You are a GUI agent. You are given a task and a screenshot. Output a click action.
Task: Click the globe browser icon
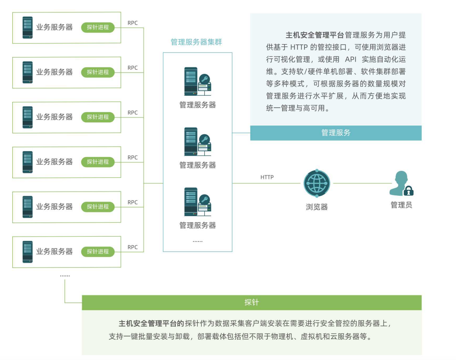pyautogui.click(x=317, y=183)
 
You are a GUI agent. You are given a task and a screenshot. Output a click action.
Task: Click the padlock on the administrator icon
pyautogui.click(x=408, y=191)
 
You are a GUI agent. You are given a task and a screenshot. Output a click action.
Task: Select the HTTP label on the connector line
pyautogui.click(x=267, y=177)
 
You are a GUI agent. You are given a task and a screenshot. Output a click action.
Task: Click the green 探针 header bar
pyautogui.click(x=252, y=302)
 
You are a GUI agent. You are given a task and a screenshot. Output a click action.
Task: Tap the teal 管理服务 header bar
pyautogui.click(x=336, y=133)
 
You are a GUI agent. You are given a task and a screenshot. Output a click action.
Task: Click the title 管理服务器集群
pyautogui.click(x=196, y=42)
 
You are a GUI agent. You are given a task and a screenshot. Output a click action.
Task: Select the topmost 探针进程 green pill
pyautogui.click(x=98, y=27)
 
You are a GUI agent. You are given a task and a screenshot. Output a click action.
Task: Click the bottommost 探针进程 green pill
pyautogui.click(x=98, y=251)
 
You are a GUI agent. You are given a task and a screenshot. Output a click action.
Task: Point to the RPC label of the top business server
pyautogui.click(x=132, y=23)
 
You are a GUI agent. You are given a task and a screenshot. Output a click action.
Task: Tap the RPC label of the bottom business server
pyautogui.click(x=132, y=247)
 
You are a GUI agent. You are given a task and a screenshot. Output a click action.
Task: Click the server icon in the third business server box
pyautogui.click(x=28, y=117)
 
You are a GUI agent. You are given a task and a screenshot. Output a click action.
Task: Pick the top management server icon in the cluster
pyautogui.click(x=197, y=81)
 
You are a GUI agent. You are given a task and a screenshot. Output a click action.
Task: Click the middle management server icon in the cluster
pyautogui.click(x=197, y=142)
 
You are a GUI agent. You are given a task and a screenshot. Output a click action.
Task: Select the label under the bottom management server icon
pyautogui.click(x=197, y=225)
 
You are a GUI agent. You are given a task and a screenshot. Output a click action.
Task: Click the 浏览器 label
pyautogui.click(x=317, y=207)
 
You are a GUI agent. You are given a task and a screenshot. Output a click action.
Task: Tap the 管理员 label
pyautogui.click(x=401, y=205)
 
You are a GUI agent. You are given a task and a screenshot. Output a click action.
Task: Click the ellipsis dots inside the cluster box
pyautogui.click(x=197, y=241)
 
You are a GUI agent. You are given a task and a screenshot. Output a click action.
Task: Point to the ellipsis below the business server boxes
pyautogui.click(x=65, y=276)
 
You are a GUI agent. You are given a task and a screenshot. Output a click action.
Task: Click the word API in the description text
pyautogui.click(x=350, y=59)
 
